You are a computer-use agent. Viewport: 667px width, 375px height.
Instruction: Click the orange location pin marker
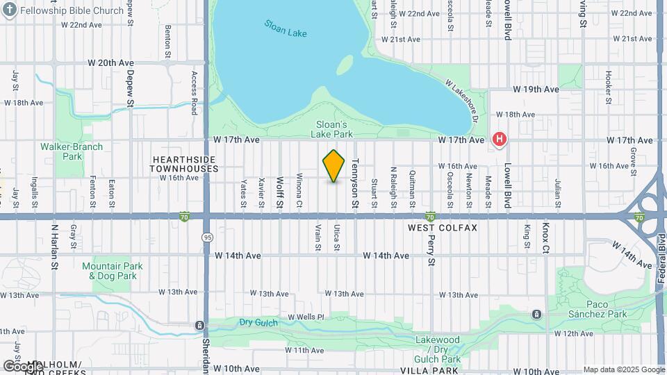pyautogui.click(x=333, y=166)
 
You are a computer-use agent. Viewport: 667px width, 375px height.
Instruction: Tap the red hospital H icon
pyautogui.click(x=499, y=140)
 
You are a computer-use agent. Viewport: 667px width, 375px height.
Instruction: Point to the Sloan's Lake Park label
pyautogui.click(x=331, y=129)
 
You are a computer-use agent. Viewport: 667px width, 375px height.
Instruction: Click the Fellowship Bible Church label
pyautogui.click(x=72, y=10)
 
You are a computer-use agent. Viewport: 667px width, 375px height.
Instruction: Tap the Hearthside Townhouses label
pyautogui.click(x=183, y=164)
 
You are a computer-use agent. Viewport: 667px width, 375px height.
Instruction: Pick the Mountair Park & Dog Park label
pyautogui.click(x=112, y=271)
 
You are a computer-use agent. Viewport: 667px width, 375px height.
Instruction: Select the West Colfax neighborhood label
pyautogui.click(x=443, y=228)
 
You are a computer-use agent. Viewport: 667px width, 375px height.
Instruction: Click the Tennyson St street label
pyautogui.click(x=354, y=183)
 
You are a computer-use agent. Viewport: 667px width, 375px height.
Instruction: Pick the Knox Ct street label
pyautogui.click(x=546, y=239)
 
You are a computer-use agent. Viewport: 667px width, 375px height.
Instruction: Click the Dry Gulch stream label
pyautogui.click(x=258, y=322)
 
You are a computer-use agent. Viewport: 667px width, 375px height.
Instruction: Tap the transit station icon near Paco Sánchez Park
pyautogui.click(x=536, y=315)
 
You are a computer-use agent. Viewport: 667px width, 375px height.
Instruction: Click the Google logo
pyautogui.click(x=22, y=365)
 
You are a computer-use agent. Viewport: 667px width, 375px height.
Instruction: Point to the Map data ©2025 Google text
pyautogui.click(x=623, y=369)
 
